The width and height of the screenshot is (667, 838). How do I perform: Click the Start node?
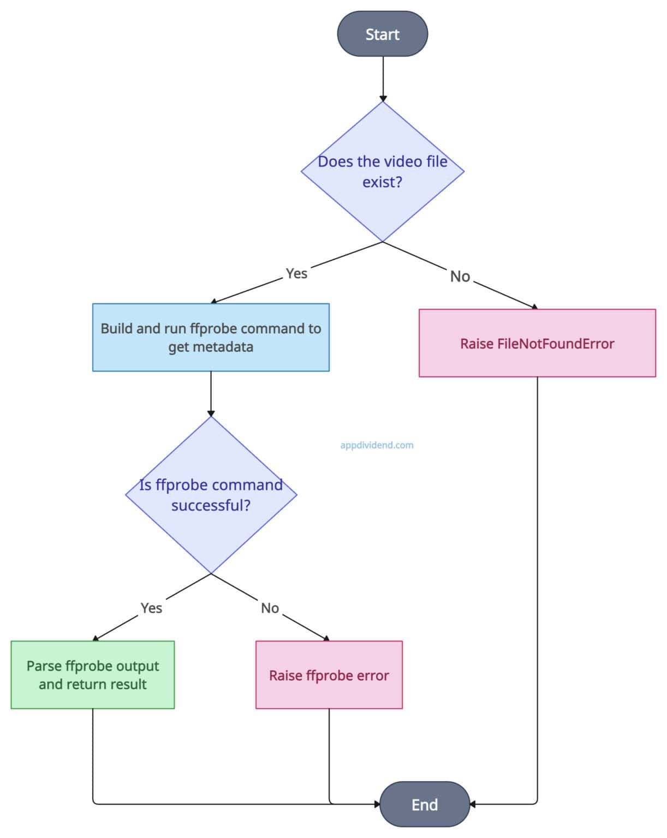(x=382, y=34)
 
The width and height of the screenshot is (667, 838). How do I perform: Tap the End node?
(x=424, y=804)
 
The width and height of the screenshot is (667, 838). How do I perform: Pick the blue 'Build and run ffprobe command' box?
(x=211, y=337)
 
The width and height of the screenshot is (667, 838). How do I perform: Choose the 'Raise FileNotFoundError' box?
(x=537, y=343)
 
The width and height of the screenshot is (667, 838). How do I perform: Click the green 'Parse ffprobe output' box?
(x=93, y=674)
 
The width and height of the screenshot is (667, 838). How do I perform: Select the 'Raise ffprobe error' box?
(x=329, y=675)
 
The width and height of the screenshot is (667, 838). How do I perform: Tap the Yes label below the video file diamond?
(x=296, y=273)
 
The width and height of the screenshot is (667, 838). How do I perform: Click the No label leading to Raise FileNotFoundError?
(x=460, y=277)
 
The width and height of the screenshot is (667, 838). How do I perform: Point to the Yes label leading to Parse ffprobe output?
(x=151, y=608)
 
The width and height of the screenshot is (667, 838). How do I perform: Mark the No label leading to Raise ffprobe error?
(x=270, y=608)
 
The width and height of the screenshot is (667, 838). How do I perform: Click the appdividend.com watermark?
(x=377, y=445)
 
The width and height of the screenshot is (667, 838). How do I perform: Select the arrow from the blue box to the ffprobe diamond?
(x=211, y=393)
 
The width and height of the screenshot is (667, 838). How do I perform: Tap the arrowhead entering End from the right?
(x=473, y=804)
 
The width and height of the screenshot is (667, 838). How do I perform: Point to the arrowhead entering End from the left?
(x=377, y=804)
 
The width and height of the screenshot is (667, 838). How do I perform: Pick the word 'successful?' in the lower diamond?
(x=211, y=505)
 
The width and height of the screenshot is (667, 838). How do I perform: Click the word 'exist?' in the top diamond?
(x=382, y=182)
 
